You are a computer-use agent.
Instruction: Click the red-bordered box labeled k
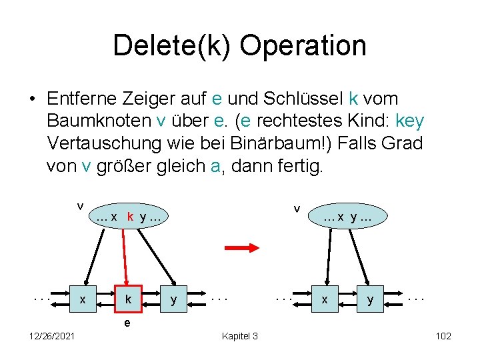coord(127,300)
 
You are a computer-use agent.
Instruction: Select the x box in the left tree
coord(81,300)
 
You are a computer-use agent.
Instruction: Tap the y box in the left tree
coord(173,300)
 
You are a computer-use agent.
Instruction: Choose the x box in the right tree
coord(325,300)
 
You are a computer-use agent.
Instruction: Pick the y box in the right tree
coord(370,300)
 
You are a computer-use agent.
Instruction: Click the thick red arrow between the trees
coord(241,248)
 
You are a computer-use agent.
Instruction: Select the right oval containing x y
coord(347,216)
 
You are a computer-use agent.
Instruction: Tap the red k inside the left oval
coord(131,216)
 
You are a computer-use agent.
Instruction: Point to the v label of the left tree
coord(79,204)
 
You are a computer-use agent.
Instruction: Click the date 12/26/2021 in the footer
coord(52,336)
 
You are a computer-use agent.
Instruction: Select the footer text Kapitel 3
coord(239,336)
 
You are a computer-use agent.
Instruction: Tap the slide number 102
coord(443,336)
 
